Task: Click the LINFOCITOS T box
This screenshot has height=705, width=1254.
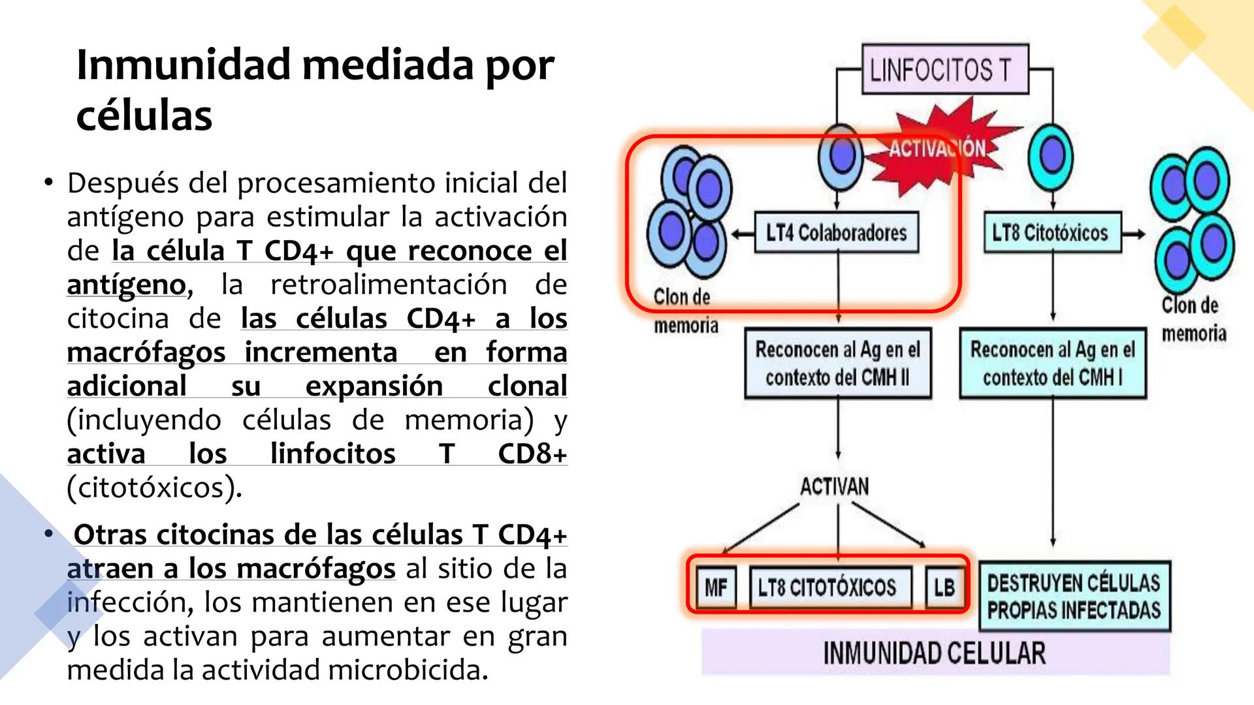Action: pos(944,69)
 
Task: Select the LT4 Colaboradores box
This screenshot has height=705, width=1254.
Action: pos(836,232)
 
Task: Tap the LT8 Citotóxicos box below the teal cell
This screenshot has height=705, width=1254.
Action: pos(1052,232)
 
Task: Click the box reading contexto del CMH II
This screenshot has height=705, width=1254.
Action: pos(837,364)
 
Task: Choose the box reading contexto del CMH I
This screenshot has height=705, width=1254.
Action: pos(1052,364)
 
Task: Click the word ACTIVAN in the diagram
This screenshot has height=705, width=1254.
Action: pos(835,486)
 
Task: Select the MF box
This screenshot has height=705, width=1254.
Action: pos(716,587)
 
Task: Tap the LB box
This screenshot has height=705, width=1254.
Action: pos(944,587)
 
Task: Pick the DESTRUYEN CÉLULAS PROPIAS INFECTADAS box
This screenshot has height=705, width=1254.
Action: pos(1074,596)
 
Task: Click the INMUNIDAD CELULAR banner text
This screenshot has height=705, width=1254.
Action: pos(934,653)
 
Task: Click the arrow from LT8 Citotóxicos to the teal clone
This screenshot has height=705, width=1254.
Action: pos(1134,234)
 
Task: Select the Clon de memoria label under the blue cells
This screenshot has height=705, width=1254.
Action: pos(685,311)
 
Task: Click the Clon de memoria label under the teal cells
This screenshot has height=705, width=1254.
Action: pos(1193,320)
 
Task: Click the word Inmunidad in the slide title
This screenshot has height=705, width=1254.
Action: pos(184,65)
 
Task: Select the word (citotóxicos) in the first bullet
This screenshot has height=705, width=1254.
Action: pos(154,488)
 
